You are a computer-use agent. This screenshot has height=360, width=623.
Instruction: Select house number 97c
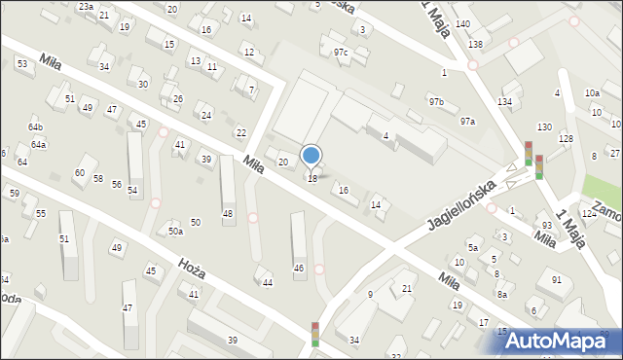(340, 52)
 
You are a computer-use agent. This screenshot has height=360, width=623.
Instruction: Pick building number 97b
(435, 101)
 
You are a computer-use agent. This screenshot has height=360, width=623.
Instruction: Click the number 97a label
(467, 121)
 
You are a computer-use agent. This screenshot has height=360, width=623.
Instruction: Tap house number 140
(462, 23)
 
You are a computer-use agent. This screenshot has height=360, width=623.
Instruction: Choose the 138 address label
(475, 45)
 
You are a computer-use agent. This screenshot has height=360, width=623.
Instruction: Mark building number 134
(504, 101)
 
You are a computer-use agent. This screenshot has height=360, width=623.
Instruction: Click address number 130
(543, 127)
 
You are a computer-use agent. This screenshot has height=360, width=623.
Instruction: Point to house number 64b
(35, 127)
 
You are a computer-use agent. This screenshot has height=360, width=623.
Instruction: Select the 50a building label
(175, 232)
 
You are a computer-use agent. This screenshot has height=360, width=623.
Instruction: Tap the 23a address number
(86, 7)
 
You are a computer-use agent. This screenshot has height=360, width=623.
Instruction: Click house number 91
(556, 280)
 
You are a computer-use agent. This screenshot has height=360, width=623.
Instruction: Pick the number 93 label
(547, 226)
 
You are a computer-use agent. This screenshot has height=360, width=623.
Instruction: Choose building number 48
(228, 213)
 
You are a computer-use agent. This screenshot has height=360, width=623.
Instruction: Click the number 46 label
(299, 268)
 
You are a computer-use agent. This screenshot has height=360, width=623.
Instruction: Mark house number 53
(21, 63)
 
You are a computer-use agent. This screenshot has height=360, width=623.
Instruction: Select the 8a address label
(502, 294)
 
